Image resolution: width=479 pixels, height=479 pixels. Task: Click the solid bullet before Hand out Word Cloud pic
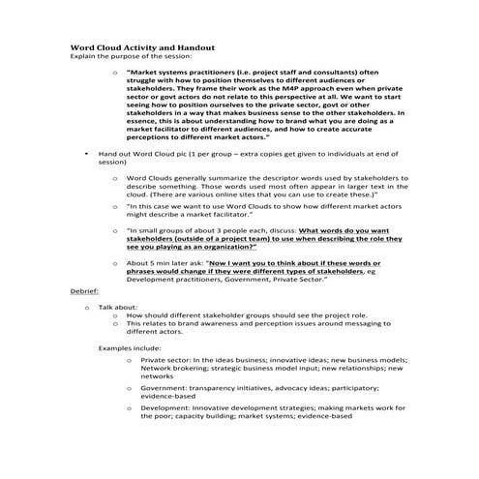[86, 154]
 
